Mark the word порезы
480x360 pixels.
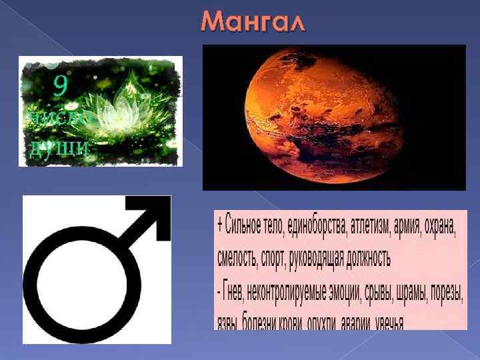click(x=447, y=293)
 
